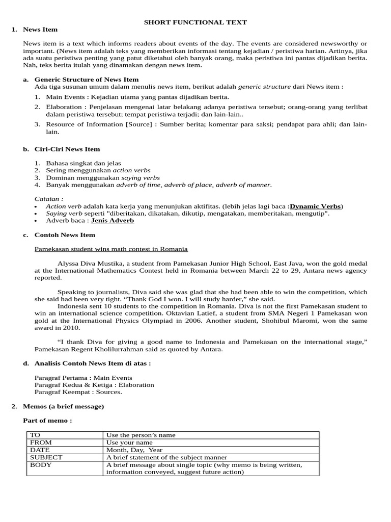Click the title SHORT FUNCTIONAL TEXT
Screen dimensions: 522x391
click(195, 22)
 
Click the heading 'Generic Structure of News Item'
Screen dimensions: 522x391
click(86, 80)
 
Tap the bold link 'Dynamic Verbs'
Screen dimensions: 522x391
click(315, 206)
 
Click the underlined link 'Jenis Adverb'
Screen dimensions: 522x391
click(113, 221)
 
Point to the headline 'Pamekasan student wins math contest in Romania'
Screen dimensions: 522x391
click(111, 249)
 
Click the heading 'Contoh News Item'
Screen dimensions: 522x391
click(65, 235)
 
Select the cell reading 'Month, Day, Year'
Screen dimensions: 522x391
click(134, 450)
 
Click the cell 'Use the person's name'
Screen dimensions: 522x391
click(141, 435)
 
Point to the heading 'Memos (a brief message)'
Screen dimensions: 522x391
click(64, 406)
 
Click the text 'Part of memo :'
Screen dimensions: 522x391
click(47, 421)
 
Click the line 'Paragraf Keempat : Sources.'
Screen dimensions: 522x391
click(78, 392)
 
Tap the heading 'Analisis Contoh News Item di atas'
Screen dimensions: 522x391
click(92, 363)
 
